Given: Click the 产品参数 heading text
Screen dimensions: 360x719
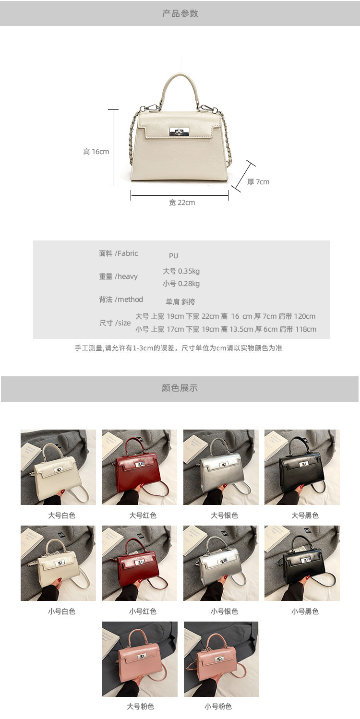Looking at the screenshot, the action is [x=180, y=13].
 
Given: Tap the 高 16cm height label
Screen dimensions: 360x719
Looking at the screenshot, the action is [x=96, y=152].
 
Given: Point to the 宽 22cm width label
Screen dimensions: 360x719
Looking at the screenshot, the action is [x=182, y=203].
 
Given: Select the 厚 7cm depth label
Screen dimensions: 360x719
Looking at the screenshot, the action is [x=258, y=182].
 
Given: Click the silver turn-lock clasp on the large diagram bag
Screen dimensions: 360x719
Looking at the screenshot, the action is [x=179, y=132].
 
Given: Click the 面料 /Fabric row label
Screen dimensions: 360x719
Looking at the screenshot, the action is [x=119, y=253].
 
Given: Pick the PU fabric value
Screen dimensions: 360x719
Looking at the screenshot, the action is [x=173, y=256].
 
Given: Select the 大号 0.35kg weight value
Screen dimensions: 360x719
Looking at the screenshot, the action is [x=181, y=271].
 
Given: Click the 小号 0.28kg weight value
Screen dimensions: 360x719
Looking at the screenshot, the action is [x=181, y=284].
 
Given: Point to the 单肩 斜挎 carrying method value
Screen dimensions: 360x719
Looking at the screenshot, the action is [x=180, y=302].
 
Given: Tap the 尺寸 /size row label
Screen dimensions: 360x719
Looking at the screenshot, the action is [x=115, y=323].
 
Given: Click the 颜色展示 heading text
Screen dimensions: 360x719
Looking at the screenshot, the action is [x=180, y=388].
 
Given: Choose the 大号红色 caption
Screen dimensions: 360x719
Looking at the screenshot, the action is [x=143, y=515].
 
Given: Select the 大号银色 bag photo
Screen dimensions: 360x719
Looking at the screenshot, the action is [x=221, y=467].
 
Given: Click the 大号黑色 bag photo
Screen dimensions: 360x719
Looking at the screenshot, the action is [x=302, y=467].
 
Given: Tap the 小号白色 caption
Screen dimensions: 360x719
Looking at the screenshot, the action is [x=61, y=611].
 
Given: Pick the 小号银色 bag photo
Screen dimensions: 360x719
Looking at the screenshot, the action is [x=221, y=563].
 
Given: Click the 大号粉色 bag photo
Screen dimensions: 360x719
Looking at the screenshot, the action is [x=140, y=659].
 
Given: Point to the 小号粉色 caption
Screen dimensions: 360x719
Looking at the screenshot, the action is [x=218, y=707].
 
